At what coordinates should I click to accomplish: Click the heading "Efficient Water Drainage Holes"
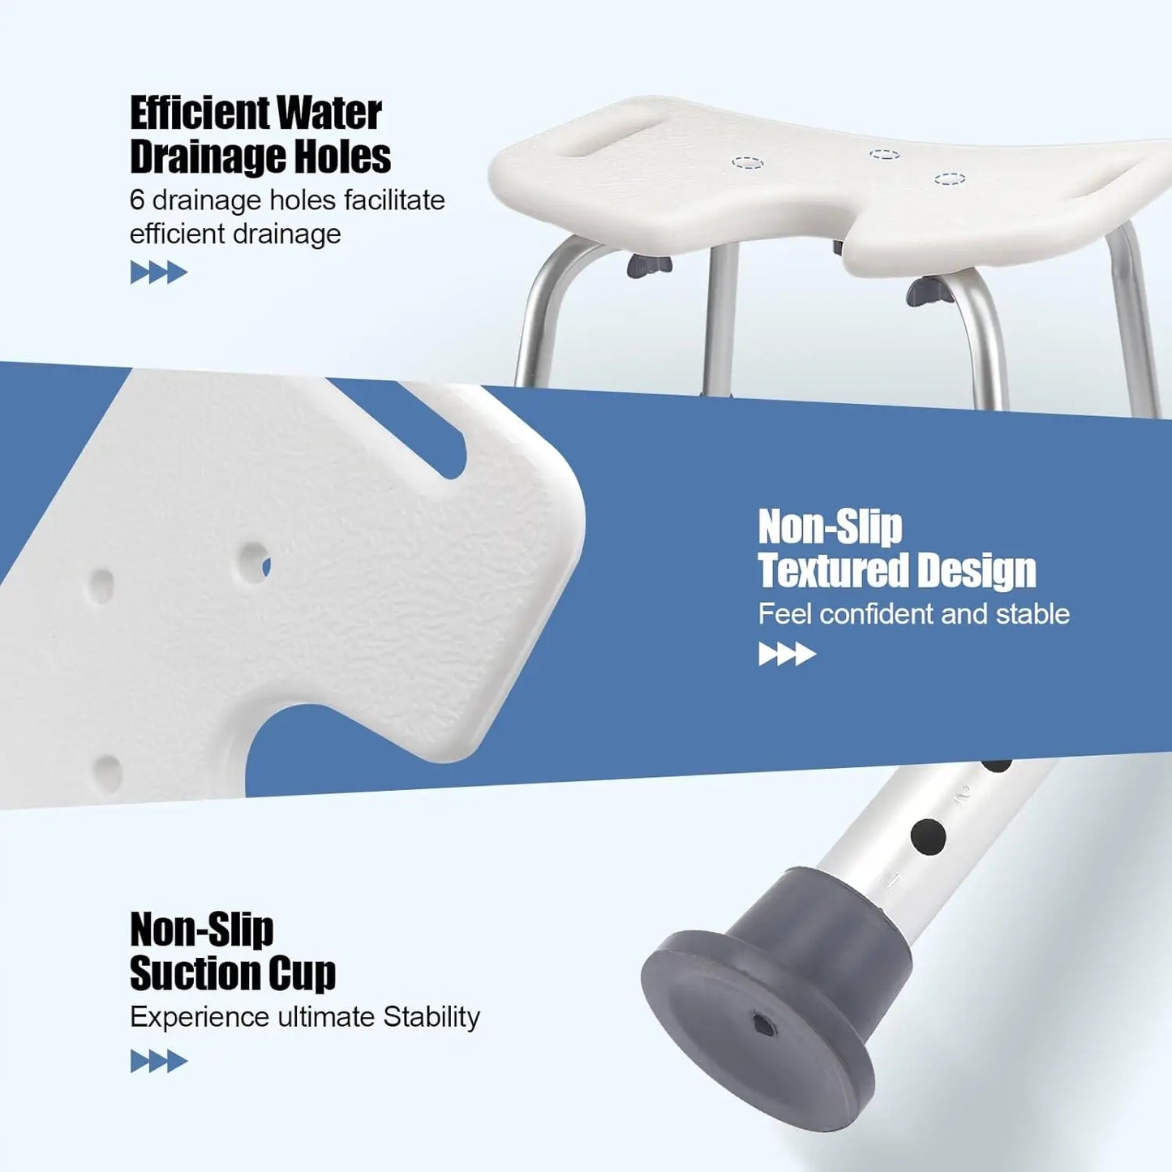tap(260, 135)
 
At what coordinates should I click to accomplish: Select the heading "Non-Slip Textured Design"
tap(896, 549)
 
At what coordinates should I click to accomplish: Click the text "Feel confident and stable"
tap(913, 614)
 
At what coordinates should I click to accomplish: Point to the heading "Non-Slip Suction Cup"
tap(232, 951)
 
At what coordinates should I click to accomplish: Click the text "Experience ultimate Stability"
tap(304, 1016)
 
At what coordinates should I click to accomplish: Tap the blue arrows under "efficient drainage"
tap(158, 273)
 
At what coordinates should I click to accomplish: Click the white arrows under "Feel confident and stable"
tap(787, 654)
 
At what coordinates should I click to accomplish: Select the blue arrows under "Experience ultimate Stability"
tap(158, 1061)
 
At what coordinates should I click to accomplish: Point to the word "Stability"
tap(431, 1016)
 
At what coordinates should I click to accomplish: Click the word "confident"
tap(875, 614)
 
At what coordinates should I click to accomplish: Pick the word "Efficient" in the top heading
tap(199, 113)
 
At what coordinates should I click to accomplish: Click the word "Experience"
tap(199, 1016)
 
